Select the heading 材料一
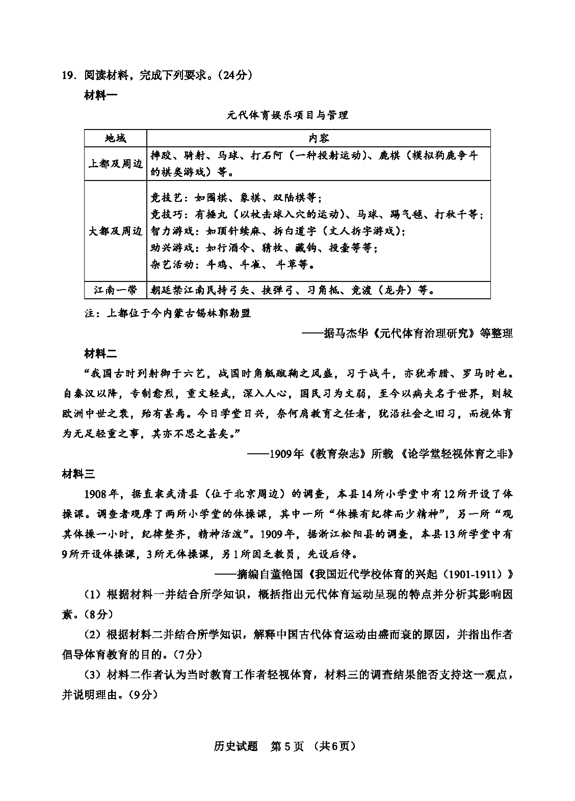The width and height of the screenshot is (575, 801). [100, 95]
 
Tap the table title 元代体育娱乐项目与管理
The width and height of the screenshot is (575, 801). [287, 115]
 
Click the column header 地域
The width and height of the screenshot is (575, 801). [116, 138]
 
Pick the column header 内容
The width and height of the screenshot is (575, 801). [318, 138]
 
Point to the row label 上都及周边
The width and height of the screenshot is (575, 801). [116, 164]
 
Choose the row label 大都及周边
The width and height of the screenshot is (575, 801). [116, 231]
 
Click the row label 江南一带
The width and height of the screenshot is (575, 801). [116, 290]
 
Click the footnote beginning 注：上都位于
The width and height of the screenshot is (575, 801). [168, 313]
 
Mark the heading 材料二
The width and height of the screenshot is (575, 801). [100, 353]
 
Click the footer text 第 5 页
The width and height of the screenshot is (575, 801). [287, 746]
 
